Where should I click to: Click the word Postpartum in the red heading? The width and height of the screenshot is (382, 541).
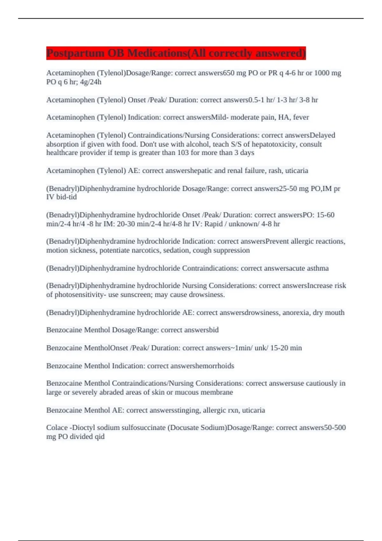(x=75, y=53)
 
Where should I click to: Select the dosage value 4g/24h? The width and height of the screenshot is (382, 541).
(x=91, y=82)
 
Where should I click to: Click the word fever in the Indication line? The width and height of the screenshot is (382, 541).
(x=301, y=117)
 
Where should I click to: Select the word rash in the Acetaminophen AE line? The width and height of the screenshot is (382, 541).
(x=275, y=171)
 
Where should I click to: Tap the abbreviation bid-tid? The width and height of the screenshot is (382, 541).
(x=67, y=197)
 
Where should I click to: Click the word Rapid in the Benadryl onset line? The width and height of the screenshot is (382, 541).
(x=214, y=224)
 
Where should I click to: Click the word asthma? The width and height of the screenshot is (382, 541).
(x=318, y=268)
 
